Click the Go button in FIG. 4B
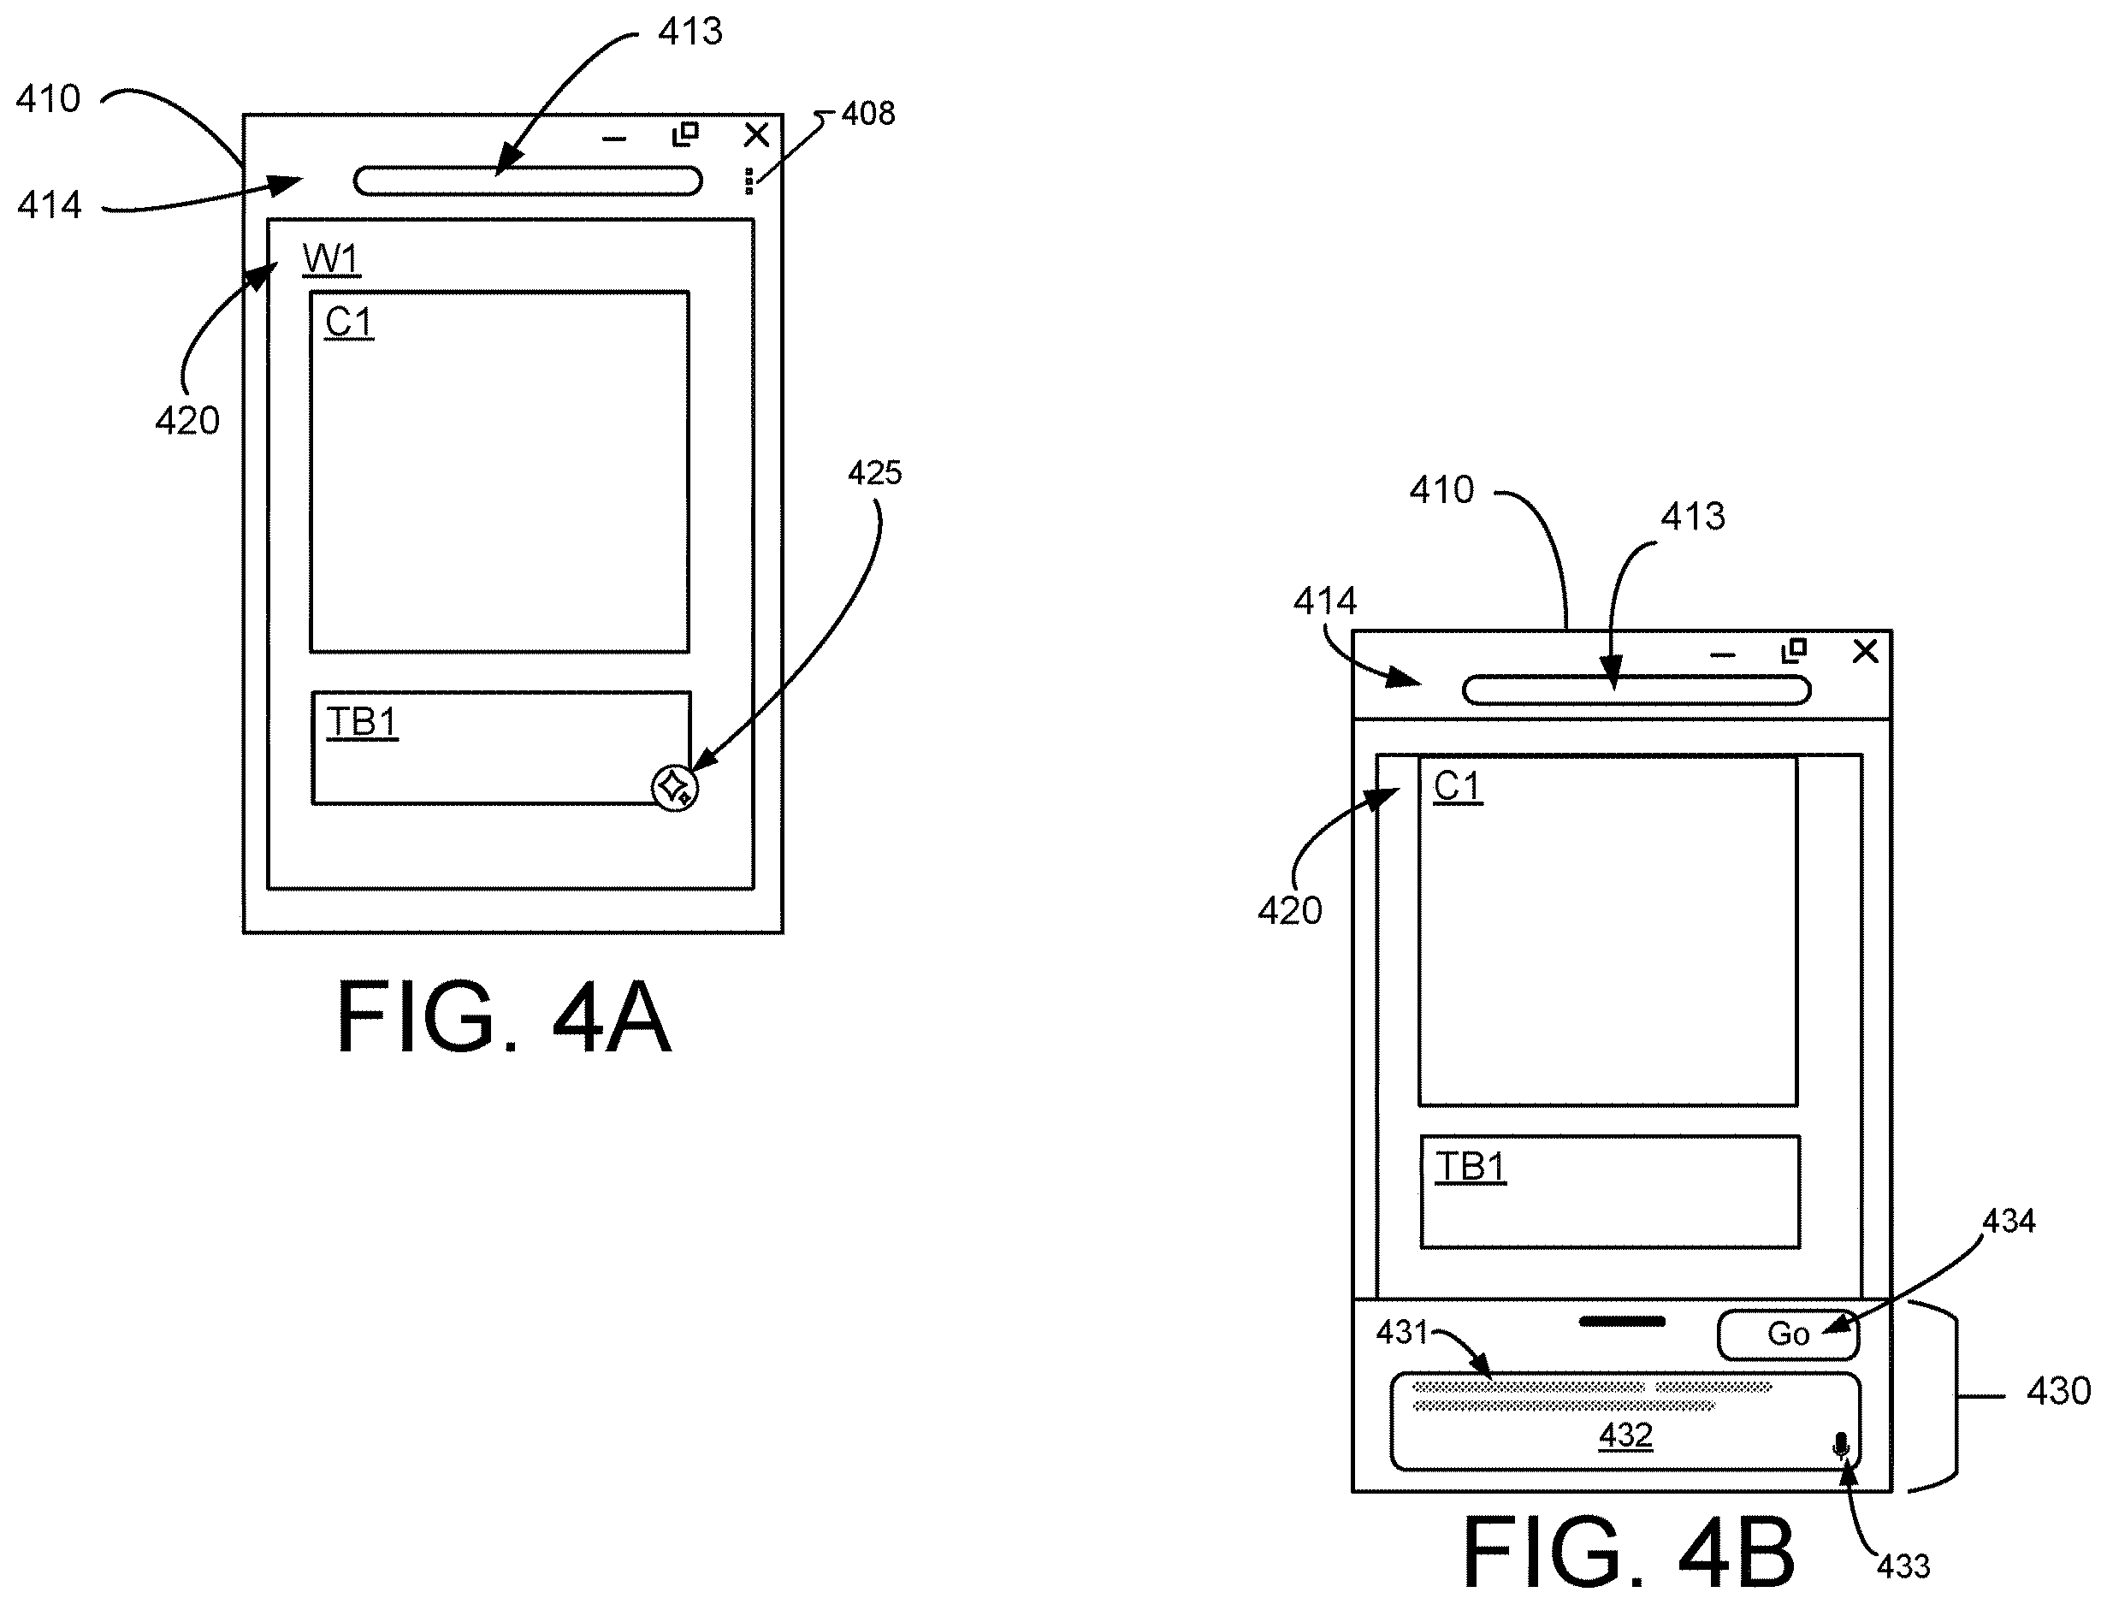point(1788,1335)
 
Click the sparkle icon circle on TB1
point(675,788)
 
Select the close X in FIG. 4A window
point(756,135)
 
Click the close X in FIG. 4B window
point(1866,651)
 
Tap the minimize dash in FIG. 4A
point(615,139)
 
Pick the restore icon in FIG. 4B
point(1795,650)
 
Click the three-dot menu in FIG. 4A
point(749,181)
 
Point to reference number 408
point(867,114)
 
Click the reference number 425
point(874,472)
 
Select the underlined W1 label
point(331,258)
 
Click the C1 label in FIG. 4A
point(349,323)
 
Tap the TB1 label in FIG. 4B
point(1471,1168)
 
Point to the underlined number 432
point(1626,1435)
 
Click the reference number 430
point(2058,1391)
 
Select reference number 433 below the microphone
point(1903,1566)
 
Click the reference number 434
point(2009,1221)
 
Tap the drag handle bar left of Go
point(1622,1322)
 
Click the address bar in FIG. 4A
point(528,181)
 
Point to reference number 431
point(1401,1332)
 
